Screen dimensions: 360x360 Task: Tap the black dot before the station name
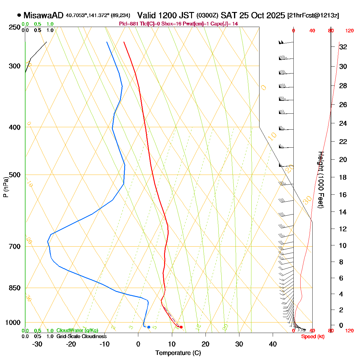coord(19,15)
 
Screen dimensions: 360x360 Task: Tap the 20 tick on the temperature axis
coord(205,344)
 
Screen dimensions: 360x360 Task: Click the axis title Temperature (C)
coord(178,353)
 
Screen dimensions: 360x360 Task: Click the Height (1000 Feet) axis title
coord(320,180)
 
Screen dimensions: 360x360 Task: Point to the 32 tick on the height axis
coord(343,47)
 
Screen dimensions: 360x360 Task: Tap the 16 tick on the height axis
coord(343,195)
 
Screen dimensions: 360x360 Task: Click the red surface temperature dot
coord(181,327)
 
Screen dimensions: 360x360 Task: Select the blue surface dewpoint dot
coord(149,327)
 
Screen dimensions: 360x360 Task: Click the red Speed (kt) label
coord(313,336)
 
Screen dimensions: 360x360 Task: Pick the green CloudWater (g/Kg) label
coord(77,330)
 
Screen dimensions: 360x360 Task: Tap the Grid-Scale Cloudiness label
coord(81,336)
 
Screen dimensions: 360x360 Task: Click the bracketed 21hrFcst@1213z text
coord(313,16)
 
